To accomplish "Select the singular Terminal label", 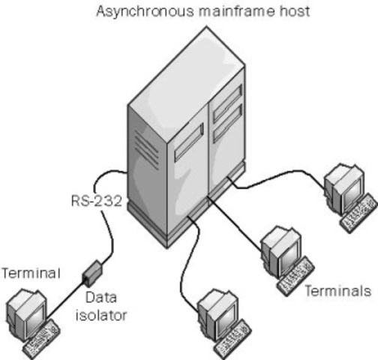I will click(27, 271).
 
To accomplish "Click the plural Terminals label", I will click(337, 289).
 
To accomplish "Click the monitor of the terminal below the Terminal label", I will click(27, 307).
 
